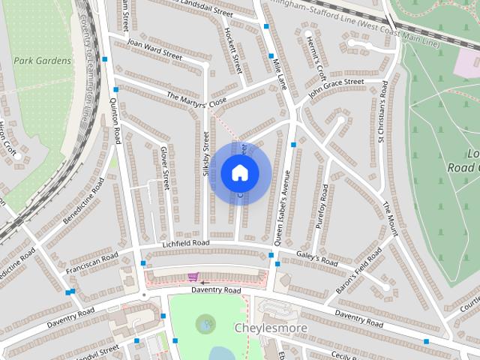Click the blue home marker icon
click(x=239, y=172)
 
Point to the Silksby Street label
click(x=206, y=154)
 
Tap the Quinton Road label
click(x=115, y=124)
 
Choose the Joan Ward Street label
click(x=155, y=49)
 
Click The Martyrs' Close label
click(x=196, y=100)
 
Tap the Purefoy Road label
click(x=323, y=207)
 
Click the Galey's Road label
click(x=318, y=260)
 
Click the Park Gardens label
click(x=42, y=61)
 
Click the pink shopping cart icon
click(x=194, y=276)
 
